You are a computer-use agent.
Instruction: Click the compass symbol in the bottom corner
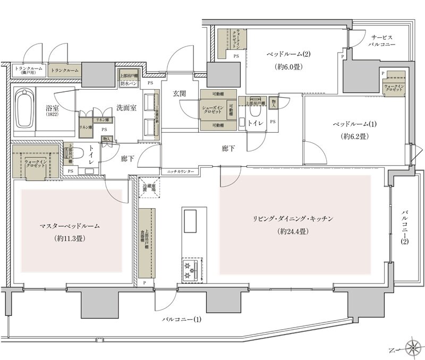click(x=412, y=349)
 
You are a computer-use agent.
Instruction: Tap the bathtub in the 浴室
click(x=24, y=108)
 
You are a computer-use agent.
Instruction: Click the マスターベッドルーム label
click(x=70, y=226)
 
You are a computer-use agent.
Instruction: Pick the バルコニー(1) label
click(x=182, y=320)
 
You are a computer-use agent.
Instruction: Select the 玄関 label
click(x=179, y=93)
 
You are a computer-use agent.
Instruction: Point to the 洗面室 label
click(x=127, y=107)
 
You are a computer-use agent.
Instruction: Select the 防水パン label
click(x=129, y=84)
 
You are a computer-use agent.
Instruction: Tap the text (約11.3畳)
click(x=70, y=238)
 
